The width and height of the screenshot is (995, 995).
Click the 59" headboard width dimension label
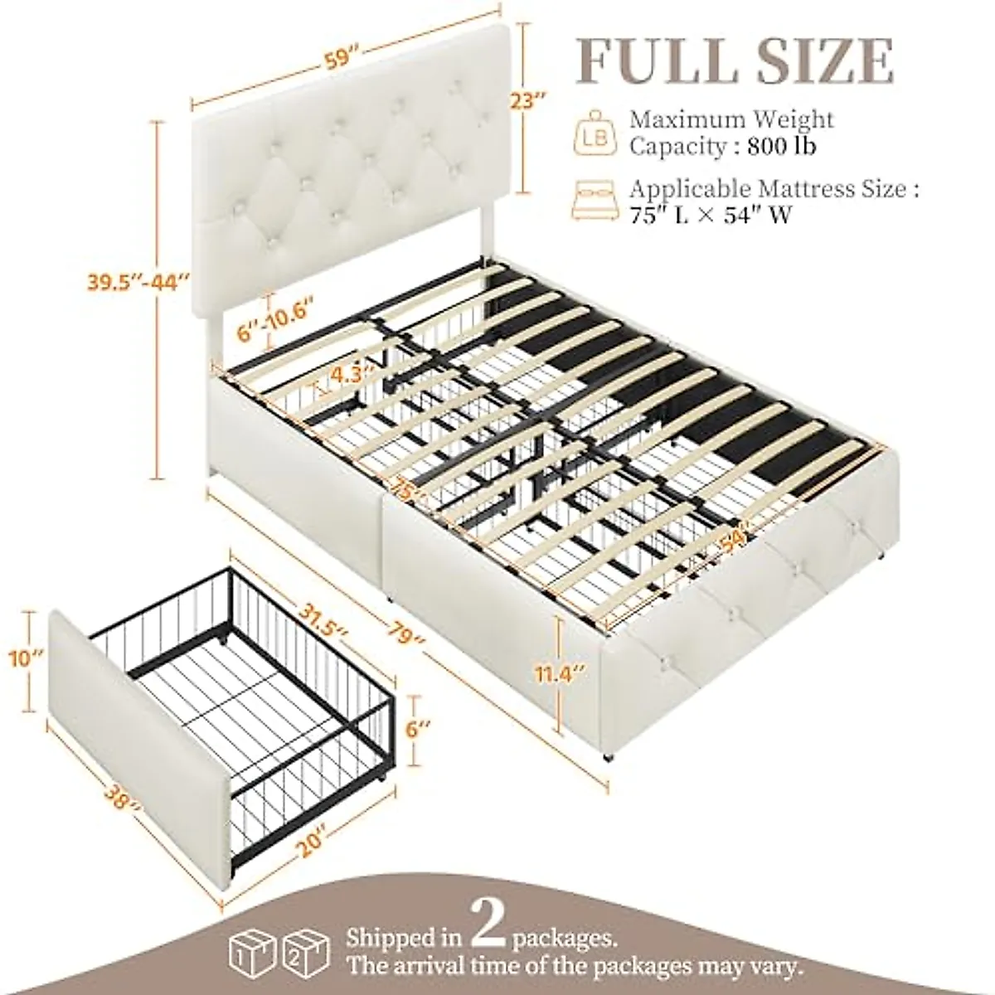337,61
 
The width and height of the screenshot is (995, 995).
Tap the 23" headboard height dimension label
527,103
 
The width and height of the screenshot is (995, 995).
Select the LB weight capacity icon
595,133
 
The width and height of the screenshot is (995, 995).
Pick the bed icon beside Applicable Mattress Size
595,201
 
